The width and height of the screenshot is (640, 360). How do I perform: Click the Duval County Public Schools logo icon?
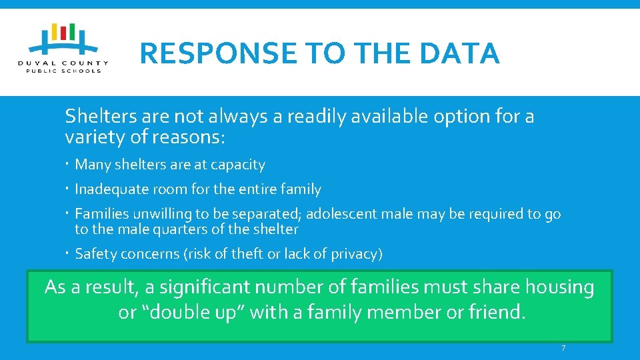[x=64, y=40]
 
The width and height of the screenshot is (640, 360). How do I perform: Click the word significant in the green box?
[x=202, y=287]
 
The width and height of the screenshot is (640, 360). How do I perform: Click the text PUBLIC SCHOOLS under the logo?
[x=64, y=70]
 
